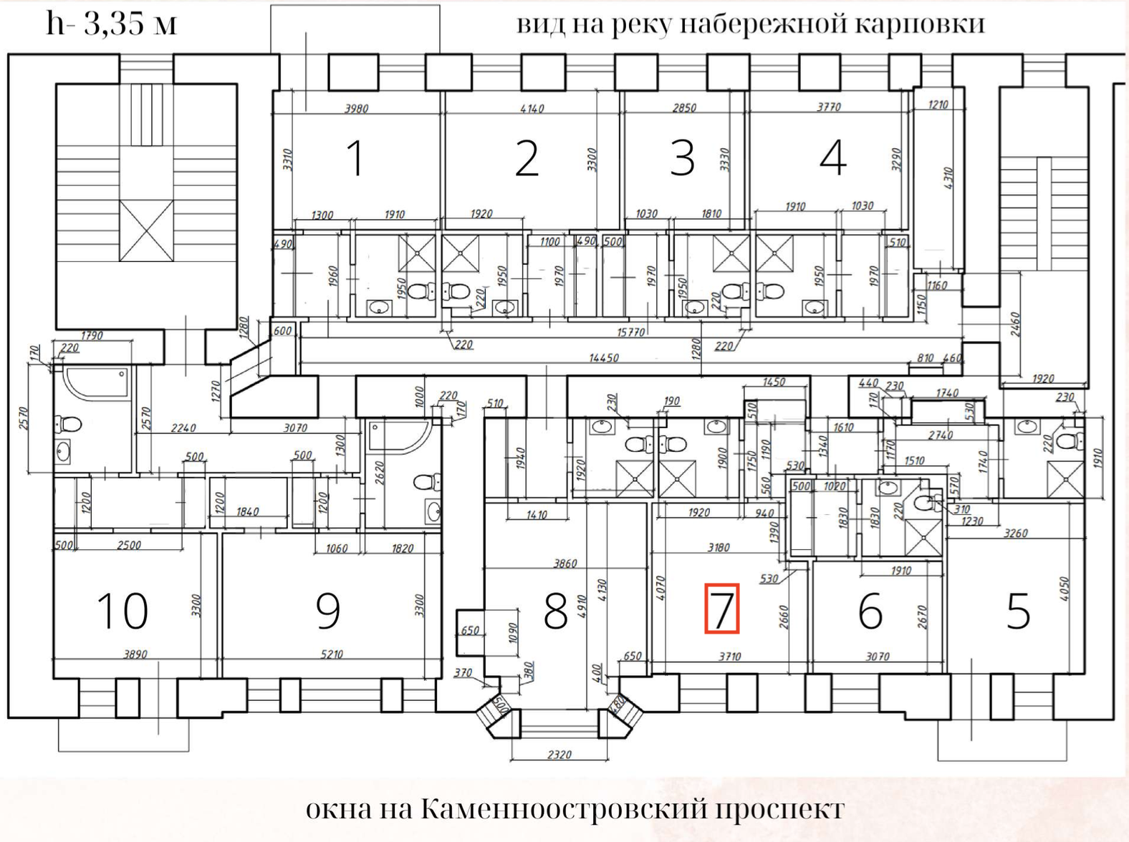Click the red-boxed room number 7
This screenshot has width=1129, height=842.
[721, 609]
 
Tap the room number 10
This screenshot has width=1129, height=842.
[122, 611]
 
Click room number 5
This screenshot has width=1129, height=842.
[1018, 612]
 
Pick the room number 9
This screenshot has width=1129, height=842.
[328, 611]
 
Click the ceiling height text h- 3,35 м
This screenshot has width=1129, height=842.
[111, 23]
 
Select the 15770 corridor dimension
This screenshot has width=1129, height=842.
[631, 332]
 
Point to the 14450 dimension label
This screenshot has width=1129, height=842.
[603, 357]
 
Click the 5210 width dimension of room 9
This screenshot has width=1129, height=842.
[332, 654]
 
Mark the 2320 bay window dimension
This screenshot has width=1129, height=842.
[559, 755]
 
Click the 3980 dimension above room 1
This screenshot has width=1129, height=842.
[356, 109]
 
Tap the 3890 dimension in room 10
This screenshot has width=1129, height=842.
[135, 654]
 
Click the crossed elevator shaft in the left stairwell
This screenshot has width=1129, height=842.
[146, 231]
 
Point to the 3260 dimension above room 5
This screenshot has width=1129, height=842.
[1016, 533]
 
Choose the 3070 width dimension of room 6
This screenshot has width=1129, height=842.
[877, 656]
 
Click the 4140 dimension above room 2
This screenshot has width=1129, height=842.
[532, 109]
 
